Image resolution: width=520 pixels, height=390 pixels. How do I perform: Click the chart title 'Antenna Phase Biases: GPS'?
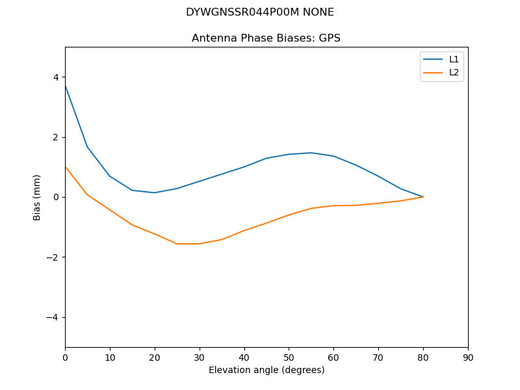pyautogui.click(x=266, y=38)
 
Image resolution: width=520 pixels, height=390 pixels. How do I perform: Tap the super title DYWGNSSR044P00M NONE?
pyautogui.click(x=260, y=12)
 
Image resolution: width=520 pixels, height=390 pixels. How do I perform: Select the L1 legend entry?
pyautogui.click(x=454, y=59)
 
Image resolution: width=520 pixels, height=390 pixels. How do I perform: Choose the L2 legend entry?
pyautogui.click(x=454, y=72)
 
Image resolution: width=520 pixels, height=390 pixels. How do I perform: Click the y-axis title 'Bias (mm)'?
pyautogui.click(x=37, y=197)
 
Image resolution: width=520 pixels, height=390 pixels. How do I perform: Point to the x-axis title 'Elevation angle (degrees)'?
pyautogui.click(x=266, y=370)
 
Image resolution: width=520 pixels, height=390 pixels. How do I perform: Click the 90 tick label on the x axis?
pyautogui.click(x=468, y=357)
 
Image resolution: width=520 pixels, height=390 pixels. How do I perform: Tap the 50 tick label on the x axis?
pyautogui.click(x=289, y=357)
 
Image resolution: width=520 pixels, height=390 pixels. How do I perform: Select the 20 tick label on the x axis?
pyautogui.click(x=155, y=357)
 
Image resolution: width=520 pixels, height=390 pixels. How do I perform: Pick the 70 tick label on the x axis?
pyautogui.click(x=378, y=357)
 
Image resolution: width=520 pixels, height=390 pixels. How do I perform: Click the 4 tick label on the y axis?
pyautogui.click(x=56, y=77)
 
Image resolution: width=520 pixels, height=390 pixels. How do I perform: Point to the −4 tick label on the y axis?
pyautogui.click(x=53, y=317)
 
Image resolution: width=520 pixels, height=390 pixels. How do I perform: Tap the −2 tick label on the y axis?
pyautogui.click(x=53, y=257)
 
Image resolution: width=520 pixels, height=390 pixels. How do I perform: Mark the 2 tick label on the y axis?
pyautogui.click(x=56, y=137)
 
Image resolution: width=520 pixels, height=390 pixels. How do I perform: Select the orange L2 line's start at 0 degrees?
pyautogui.click(x=66, y=167)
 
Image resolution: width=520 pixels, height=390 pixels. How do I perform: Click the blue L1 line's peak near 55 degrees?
pyautogui.click(x=311, y=153)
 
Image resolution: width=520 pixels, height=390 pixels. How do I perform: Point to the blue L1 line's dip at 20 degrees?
pyautogui.click(x=155, y=192)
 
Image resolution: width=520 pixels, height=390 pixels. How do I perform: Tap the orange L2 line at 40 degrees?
pyautogui.click(x=244, y=230)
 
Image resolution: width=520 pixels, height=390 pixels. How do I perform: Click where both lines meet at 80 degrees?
pyautogui.click(x=423, y=197)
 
